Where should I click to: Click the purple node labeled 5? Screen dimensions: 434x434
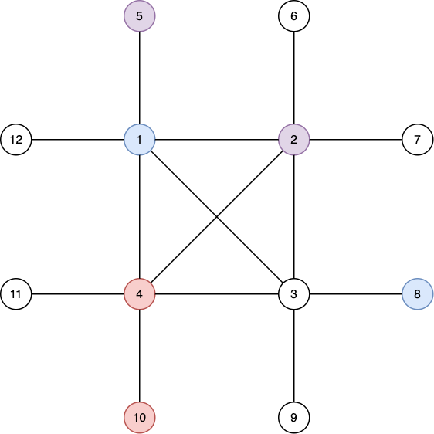(x=140, y=16)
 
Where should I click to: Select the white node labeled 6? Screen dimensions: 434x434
(x=294, y=16)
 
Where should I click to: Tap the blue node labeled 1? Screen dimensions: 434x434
(x=140, y=140)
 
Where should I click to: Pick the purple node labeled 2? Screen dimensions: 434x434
(x=294, y=140)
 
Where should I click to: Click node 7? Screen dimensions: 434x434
(x=417, y=140)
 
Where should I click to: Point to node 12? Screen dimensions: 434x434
(x=16, y=140)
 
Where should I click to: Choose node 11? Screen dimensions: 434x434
(x=16, y=294)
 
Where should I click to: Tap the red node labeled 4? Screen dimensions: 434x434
(x=140, y=294)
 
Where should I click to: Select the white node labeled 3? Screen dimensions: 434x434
(x=294, y=294)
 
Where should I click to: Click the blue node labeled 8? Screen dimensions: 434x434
(x=417, y=294)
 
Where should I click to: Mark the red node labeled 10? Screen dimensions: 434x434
(x=140, y=417)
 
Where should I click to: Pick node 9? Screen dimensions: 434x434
(x=294, y=417)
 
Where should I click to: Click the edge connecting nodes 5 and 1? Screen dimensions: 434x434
(x=140, y=78)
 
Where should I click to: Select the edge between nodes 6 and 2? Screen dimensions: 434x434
(x=294, y=78)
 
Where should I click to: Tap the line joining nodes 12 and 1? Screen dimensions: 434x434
(x=78, y=140)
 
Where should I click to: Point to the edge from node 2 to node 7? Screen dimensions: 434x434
(x=356, y=140)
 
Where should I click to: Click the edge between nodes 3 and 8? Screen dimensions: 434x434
(x=356, y=294)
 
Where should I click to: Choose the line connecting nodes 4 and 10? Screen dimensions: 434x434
(x=140, y=356)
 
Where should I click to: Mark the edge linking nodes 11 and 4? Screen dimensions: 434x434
(x=78, y=294)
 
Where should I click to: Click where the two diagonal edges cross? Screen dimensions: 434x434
(x=217, y=217)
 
